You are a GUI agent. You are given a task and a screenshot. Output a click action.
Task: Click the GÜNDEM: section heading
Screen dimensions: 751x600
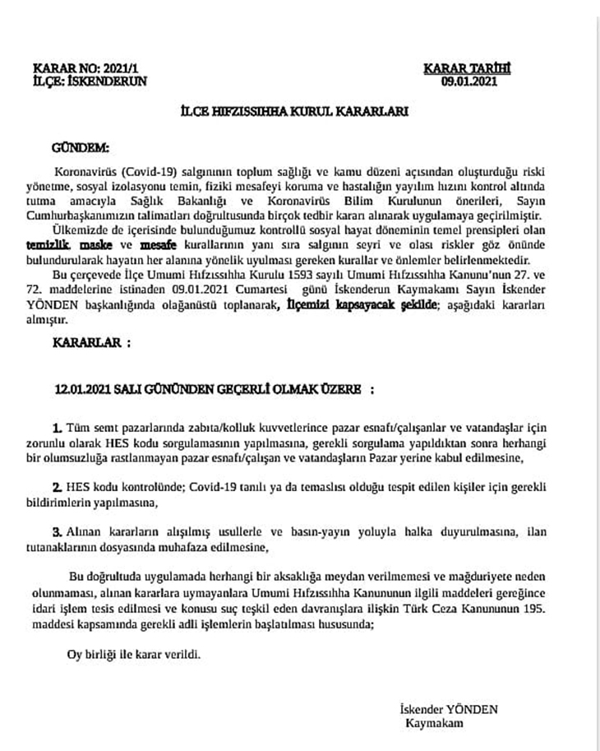click(x=80, y=151)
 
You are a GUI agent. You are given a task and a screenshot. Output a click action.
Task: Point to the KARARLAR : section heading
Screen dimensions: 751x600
click(x=91, y=341)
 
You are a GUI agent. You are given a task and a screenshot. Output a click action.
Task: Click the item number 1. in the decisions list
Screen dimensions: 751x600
click(x=57, y=429)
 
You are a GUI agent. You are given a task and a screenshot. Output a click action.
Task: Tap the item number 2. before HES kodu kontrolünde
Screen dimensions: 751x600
click(x=57, y=487)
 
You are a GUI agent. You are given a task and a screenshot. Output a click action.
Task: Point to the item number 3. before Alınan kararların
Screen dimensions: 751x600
click(x=57, y=531)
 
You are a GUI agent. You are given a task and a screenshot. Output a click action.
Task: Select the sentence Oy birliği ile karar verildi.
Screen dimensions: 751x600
click(x=133, y=656)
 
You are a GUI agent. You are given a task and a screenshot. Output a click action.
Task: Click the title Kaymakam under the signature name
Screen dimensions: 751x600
click(x=435, y=723)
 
